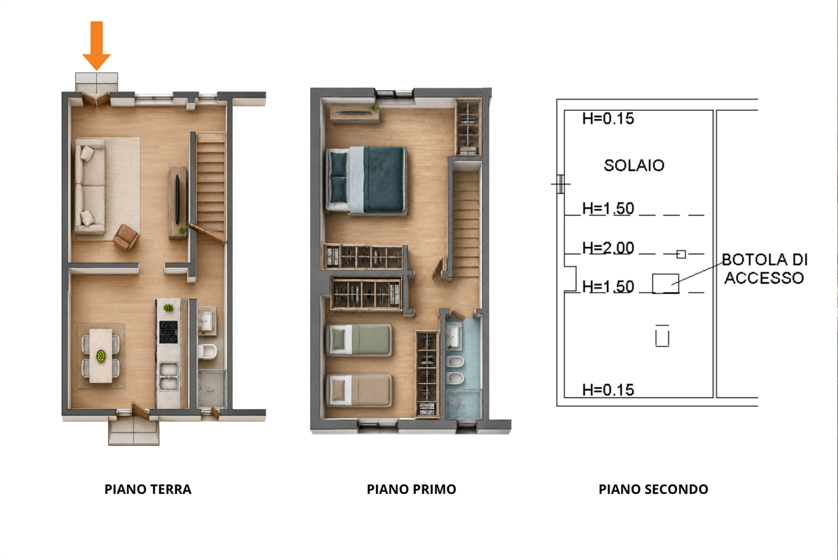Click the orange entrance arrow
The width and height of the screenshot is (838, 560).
pyautogui.click(x=96, y=46)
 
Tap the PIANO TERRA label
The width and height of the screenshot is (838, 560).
pyautogui.click(x=148, y=489)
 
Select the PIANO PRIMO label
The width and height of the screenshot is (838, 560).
pyautogui.click(x=411, y=489)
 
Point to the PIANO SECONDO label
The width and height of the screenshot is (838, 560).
pyautogui.click(x=653, y=489)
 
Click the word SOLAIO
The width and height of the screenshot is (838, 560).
pyautogui.click(x=634, y=166)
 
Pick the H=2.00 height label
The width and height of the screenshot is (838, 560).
pyautogui.click(x=608, y=248)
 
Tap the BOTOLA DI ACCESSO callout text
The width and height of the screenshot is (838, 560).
pyautogui.click(x=764, y=269)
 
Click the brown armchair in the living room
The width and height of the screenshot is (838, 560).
pyautogui.click(x=126, y=236)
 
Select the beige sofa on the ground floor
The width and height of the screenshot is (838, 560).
pyautogui.click(x=90, y=187)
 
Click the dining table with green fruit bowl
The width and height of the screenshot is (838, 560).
pyautogui.click(x=101, y=356)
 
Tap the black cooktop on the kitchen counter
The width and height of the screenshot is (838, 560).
pyautogui.click(x=168, y=332)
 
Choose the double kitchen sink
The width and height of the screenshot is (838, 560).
pyautogui.click(x=169, y=376)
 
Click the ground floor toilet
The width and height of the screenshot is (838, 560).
pyautogui.click(x=208, y=352)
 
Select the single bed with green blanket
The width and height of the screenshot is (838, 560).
pyautogui.click(x=359, y=340)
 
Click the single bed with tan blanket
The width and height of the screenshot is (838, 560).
pyautogui.click(x=359, y=390)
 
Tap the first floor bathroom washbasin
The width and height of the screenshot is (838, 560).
pyautogui.click(x=452, y=336)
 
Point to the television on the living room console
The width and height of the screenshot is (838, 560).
pyautogui.click(x=177, y=200)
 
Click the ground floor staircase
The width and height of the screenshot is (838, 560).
pyautogui.click(x=211, y=187)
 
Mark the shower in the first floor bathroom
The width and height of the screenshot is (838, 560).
pyautogui.click(x=464, y=404)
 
